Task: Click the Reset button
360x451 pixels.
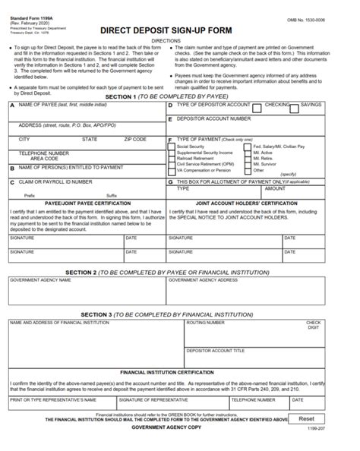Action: [x=306, y=418]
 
